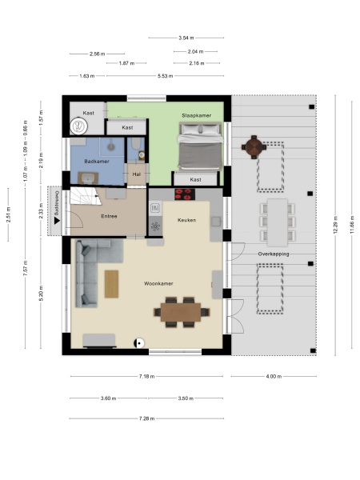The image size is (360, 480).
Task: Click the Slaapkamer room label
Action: (196, 115)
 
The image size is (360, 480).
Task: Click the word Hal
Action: (136, 174)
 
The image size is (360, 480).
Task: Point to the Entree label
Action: (109, 216)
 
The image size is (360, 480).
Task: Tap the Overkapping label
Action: (273, 254)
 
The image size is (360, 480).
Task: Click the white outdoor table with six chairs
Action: (273, 222)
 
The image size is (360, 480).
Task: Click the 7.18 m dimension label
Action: (146, 376)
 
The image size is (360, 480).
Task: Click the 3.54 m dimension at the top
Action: (186, 38)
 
